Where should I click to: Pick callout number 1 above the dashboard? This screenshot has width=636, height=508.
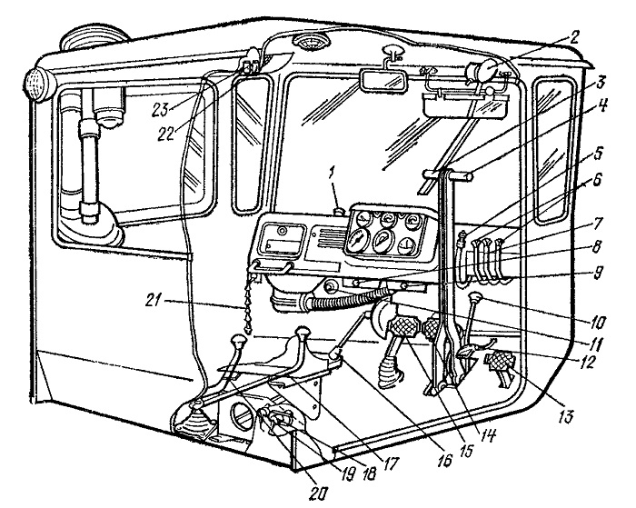pyautogui.click(x=333, y=174)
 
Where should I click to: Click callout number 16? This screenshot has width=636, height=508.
pyautogui.click(x=445, y=459)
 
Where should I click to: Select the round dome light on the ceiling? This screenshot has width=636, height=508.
pyautogui.click(x=312, y=42)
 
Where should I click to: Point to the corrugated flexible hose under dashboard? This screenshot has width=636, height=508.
pyautogui.click(x=344, y=300)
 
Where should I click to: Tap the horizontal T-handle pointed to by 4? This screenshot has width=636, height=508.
pyautogui.click(x=447, y=175)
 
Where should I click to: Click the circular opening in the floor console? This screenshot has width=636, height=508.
pyautogui.click(x=242, y=414)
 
